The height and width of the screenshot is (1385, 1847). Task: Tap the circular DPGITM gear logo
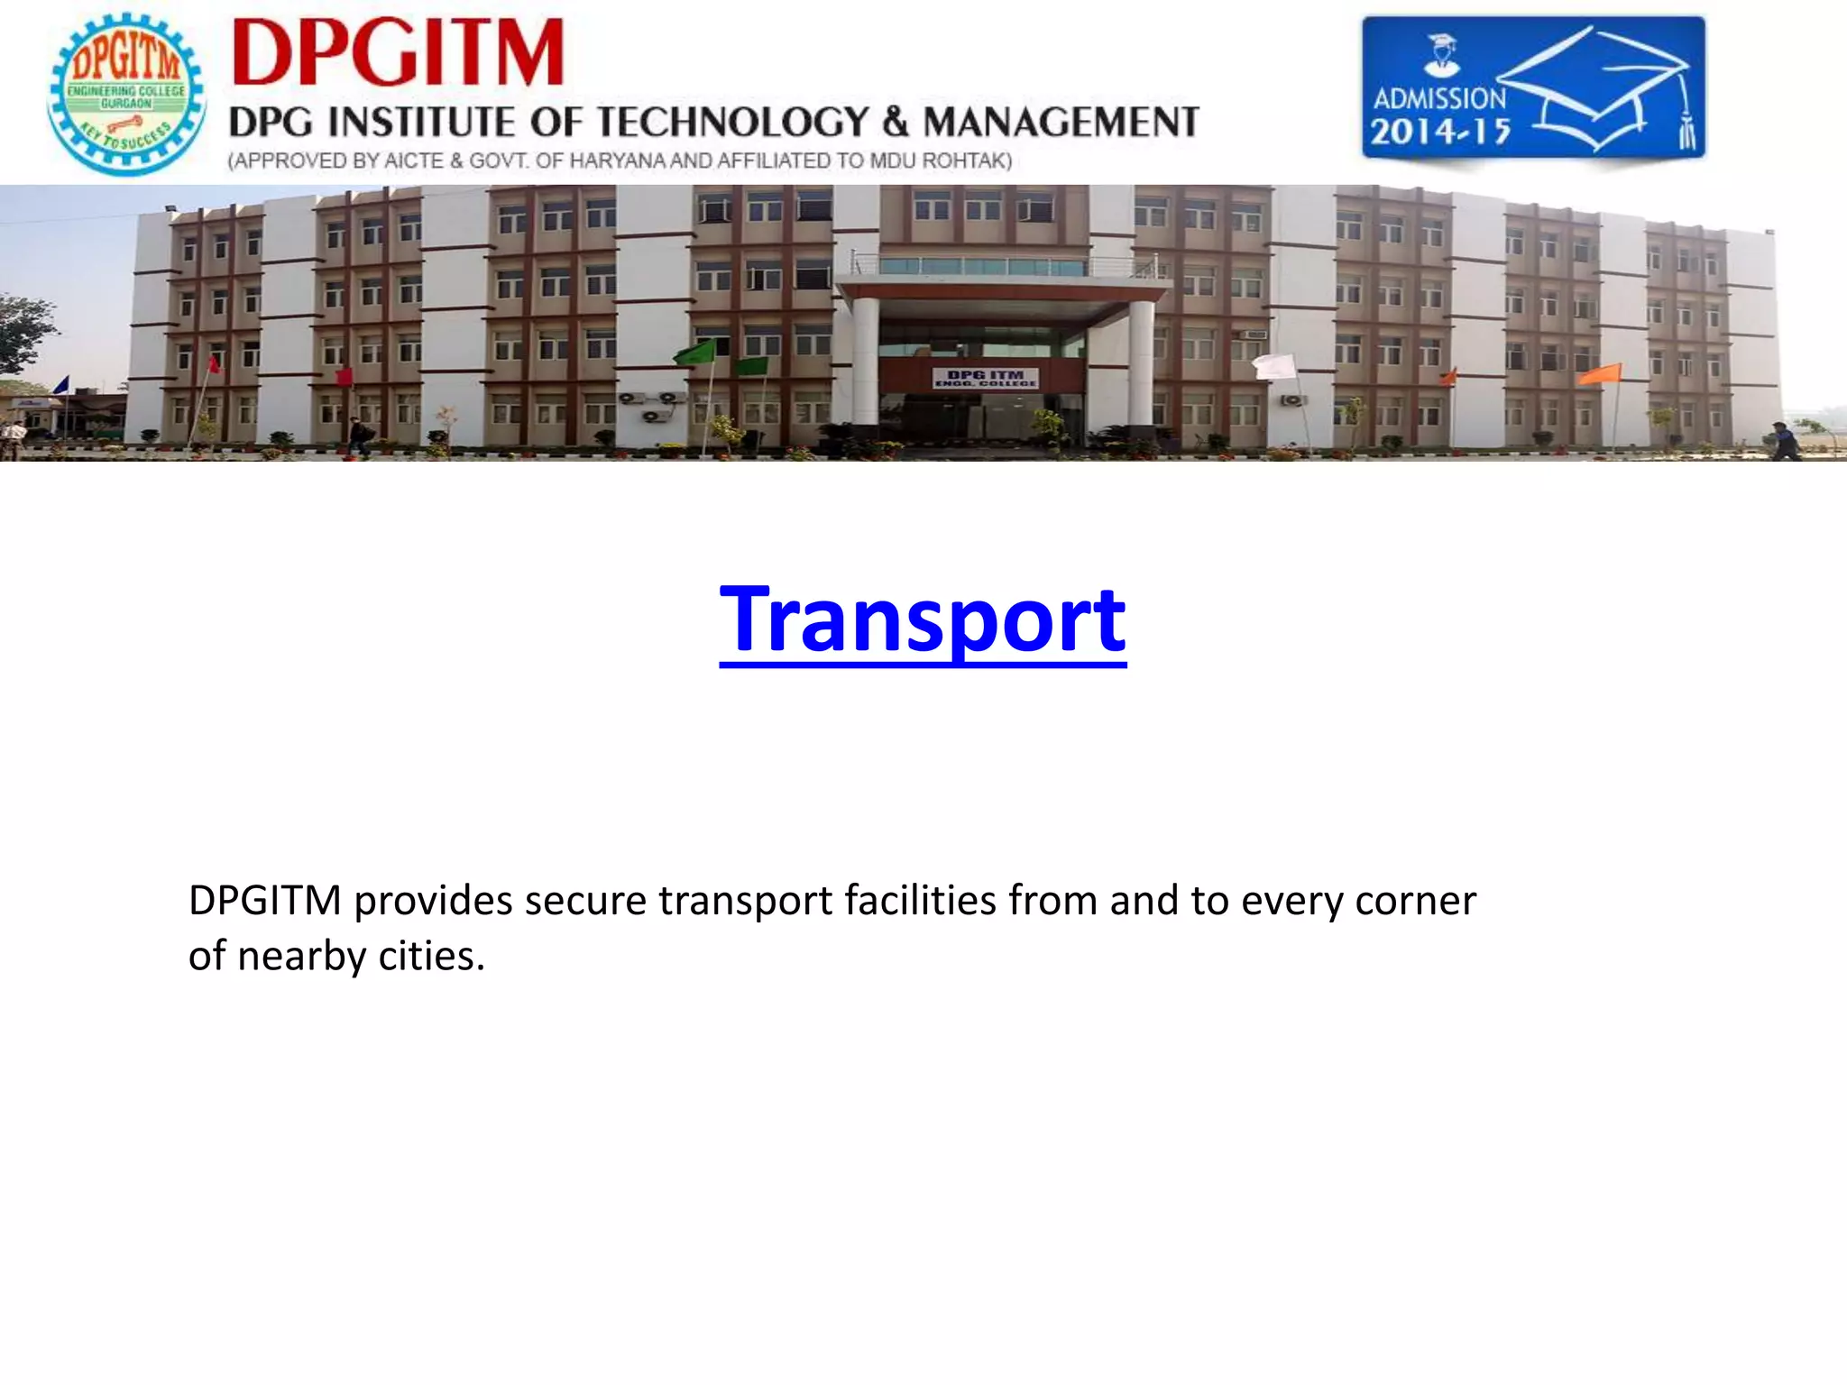pos(126,94)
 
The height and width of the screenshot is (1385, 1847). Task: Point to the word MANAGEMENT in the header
pos(1061,123)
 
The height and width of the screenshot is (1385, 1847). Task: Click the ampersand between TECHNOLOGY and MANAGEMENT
pos(895,123)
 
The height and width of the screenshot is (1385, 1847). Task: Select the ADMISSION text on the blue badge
pos(1439,98)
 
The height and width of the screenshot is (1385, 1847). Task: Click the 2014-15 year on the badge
pos(1440,133)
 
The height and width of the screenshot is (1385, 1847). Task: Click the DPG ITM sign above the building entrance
pos(985,378)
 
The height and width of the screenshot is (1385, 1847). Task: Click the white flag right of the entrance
pos(1274,366)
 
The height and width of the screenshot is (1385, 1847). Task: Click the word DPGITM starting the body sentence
pos(264,901)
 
